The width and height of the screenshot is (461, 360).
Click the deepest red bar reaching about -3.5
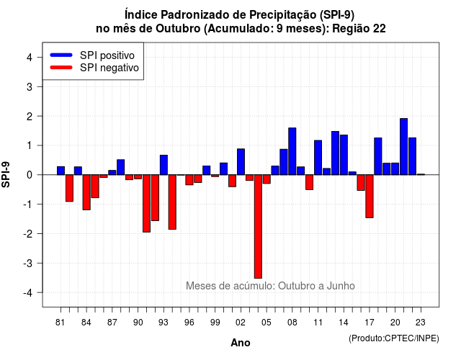pyautogui.click(x=258, y=226)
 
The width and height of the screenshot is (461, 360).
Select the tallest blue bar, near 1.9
pyautogui.click(x=403, y=147)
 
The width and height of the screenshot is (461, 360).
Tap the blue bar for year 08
pyautogui.click(x=292, y=151)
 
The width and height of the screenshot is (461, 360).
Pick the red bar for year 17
pyautogui.click(x=370, y=197)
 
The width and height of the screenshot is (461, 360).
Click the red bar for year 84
pyautogui.click(x=86, y=192)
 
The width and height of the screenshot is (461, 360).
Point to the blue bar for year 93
pyautogui.click(x=164, y=165)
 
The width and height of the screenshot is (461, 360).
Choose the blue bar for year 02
pyautogui.click(x=241, y=161)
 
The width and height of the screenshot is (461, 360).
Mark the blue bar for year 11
pyautogui.click(x=318, y=158)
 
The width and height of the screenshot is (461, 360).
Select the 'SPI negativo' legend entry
pyautogui.click(x=94, y=68)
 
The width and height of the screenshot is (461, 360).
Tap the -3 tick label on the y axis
pyautogui.click(x=29, y=264)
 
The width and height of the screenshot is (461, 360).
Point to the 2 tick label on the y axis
pyautogui.click(x=30, y=117)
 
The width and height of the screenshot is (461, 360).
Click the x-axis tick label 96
pyautogui.click(x=189, y=323)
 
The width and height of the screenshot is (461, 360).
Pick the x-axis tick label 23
pyautogui.click(x=421, y=323)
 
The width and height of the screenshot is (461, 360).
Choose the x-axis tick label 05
pyautogui.click(x=267, y=323)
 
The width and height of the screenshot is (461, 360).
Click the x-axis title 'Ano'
pyautogui.click(x=241, y=343)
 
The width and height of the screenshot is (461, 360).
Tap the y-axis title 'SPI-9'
pyautogui.click(x=6, y=174)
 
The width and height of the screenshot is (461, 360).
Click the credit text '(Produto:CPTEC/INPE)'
pyautogui.click(x=394, y=338)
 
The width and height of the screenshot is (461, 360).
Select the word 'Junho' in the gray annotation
pyautogui.click(x=341, y=286)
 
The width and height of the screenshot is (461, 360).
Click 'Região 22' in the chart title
pyautogui.click(x=359, y=29)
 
